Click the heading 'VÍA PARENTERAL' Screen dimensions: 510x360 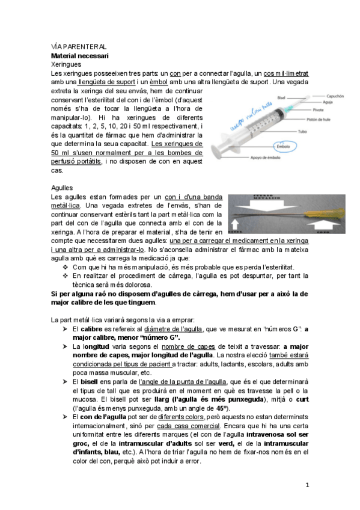[x=79, y=46]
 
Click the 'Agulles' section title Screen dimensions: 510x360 [x=63, y=187]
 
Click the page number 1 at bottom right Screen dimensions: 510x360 [x=307, y=484]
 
